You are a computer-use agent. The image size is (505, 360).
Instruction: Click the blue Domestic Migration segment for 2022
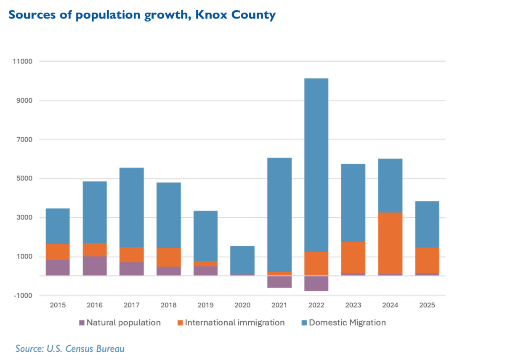316,165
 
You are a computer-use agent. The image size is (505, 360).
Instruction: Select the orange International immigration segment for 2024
390,243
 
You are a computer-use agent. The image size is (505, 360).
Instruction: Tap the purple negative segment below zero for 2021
279,282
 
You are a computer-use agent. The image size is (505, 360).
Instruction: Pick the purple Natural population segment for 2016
95,266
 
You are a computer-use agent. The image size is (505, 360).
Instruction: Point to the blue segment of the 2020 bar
242,260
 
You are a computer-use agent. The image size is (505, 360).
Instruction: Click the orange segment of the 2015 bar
58,252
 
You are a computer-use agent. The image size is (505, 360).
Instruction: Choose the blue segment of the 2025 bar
427,224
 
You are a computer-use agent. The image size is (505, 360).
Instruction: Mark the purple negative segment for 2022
316,283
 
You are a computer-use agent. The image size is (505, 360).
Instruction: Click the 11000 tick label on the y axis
23,61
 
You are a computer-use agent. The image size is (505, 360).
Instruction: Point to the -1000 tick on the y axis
23,296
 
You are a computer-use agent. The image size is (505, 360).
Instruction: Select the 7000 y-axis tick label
24,140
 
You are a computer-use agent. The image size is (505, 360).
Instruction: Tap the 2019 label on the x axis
205,305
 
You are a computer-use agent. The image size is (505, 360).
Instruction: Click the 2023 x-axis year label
353,305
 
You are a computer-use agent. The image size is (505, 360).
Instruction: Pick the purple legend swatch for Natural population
82,323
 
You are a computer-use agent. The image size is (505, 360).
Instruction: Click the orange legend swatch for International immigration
180,323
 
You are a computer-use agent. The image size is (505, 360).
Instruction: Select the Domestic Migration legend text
348,323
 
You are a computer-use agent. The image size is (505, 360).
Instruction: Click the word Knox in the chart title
211,15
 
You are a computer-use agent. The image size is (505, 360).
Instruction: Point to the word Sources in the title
32,15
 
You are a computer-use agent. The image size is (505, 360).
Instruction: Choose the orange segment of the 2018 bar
169,257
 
